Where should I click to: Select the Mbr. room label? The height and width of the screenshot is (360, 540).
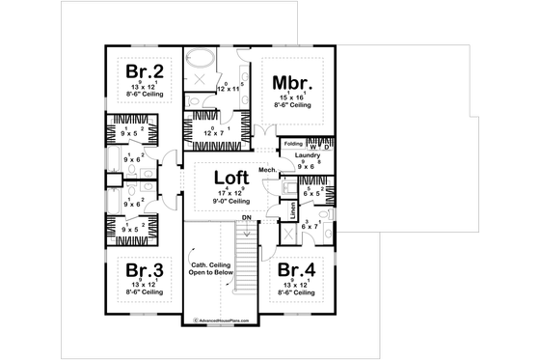pos(288,82)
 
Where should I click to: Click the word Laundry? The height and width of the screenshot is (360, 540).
pos(308,155)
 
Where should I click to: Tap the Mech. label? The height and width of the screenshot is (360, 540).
pos(267,170)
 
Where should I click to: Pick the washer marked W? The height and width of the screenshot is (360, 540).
pos(315,147)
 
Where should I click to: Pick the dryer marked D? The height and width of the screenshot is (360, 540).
pos(327,147)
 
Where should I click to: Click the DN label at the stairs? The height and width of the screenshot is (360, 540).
pos(247,218)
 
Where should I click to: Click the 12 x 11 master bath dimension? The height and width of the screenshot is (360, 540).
pos(229,89)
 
